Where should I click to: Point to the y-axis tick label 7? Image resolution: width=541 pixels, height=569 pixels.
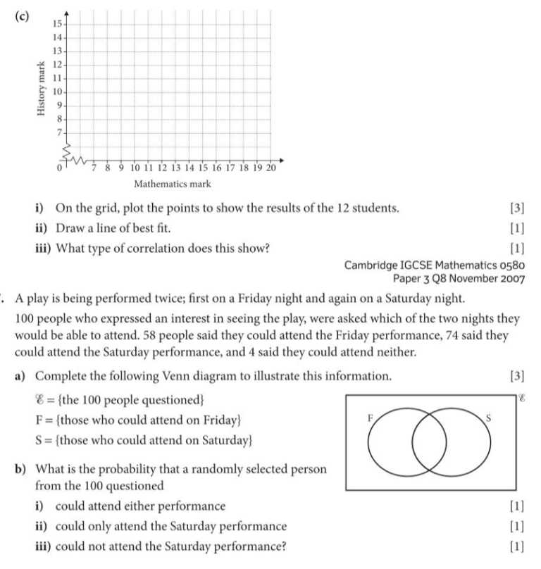click(x=59, y=132)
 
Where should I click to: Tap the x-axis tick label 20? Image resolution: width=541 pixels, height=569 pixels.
click(x=270, y=169)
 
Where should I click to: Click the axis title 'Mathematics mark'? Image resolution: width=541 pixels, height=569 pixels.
click(x=173, y=185)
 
